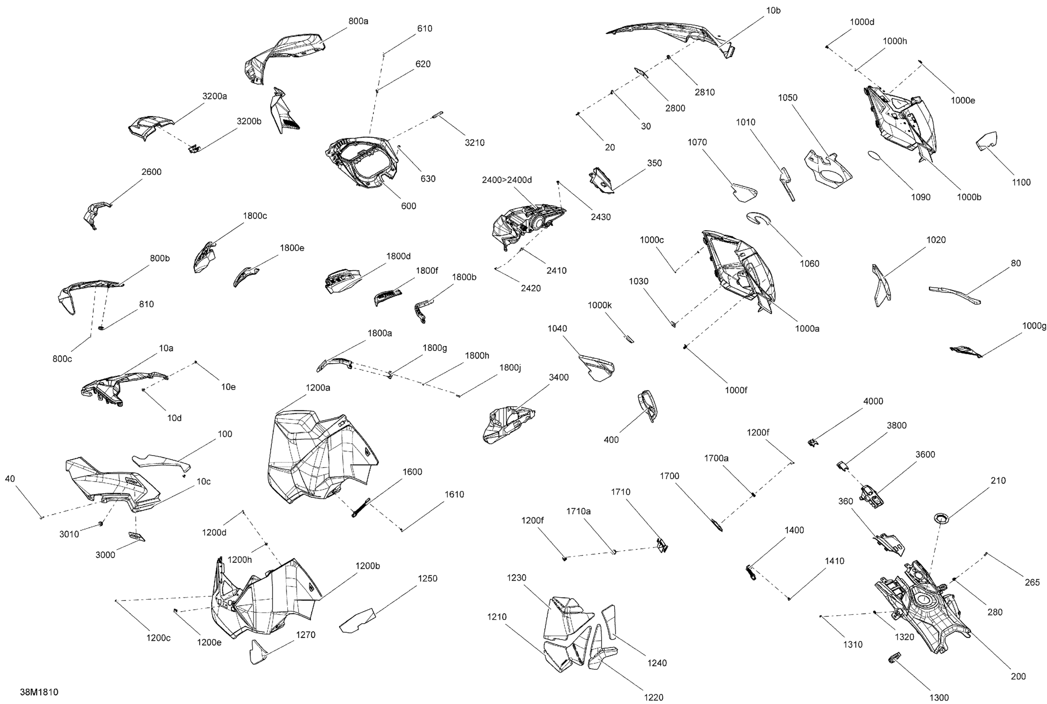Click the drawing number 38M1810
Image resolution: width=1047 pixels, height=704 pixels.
point(39,692)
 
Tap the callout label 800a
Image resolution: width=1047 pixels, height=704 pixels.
point(358,21)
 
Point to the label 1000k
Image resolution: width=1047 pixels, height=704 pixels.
point(600,305)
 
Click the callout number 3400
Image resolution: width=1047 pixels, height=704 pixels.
point(559,378)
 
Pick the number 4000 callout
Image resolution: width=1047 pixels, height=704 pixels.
point(873,401)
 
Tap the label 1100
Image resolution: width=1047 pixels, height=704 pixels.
point(1021,182)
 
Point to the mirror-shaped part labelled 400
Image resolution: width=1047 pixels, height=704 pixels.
point(648,405)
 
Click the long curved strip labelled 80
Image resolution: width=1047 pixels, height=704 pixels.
point(955,295)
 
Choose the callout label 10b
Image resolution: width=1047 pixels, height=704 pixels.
point(773,10)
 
